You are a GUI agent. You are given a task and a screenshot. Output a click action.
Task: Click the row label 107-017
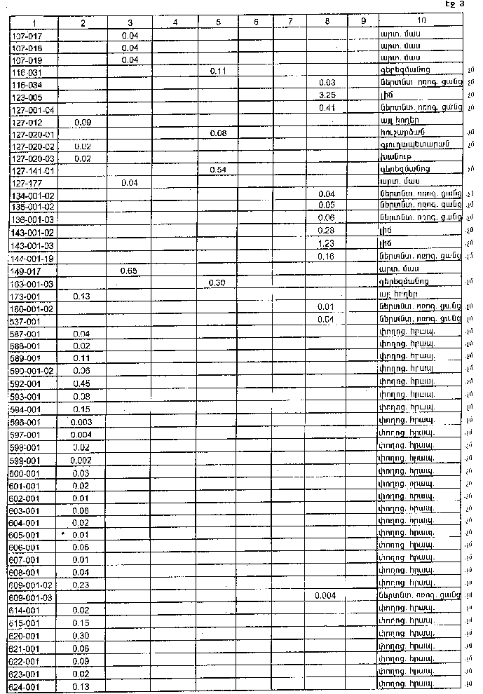(27, 35)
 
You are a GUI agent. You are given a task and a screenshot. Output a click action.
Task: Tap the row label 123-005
(27, 97)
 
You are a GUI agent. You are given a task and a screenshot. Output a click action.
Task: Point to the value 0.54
(219, 170)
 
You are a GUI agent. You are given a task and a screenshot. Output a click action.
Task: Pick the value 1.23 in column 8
(325, 243)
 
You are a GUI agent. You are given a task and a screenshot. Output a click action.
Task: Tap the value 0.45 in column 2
(83, 383)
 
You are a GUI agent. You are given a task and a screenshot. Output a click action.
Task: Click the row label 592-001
(27, 384)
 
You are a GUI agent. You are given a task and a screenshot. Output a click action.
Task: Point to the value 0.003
(82, 422)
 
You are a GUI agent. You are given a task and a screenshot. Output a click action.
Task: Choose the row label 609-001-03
(32, 597)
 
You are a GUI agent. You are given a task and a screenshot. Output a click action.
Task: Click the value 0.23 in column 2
(83, 585)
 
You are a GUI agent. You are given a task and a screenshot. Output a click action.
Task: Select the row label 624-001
(27, 687)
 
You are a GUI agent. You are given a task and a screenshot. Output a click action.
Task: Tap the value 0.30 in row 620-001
(83, 635)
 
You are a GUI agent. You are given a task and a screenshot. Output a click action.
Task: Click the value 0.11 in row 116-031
(219, 72)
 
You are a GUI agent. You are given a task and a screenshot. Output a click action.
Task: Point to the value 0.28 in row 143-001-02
(325, 231)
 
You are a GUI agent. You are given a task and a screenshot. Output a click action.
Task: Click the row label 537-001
(27, 321)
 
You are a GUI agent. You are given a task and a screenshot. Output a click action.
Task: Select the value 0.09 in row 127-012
(82, 121)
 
